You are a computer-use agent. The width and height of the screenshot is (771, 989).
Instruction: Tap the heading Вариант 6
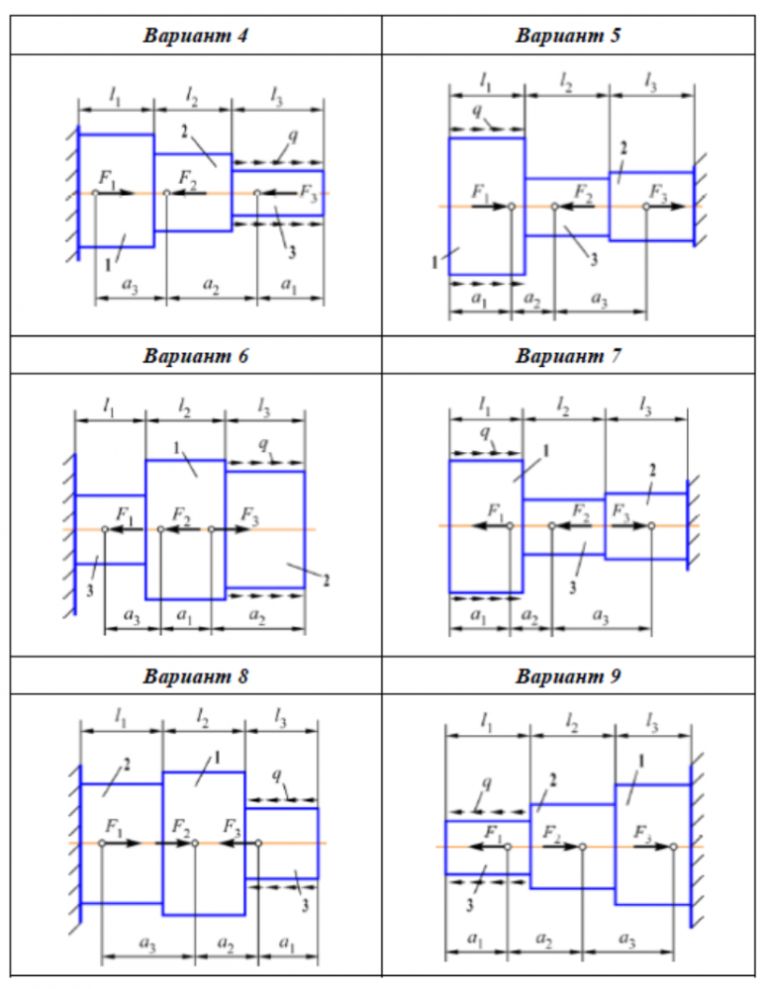[x=195, y=355]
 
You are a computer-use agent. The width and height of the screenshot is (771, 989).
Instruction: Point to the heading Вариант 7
[x=567, y=355]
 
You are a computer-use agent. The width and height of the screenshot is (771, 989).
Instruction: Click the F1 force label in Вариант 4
[x=107, y=179]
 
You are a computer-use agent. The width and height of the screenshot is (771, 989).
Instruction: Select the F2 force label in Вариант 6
[x=181, y=515]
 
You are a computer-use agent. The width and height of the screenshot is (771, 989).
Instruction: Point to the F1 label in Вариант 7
[x=496, y=511]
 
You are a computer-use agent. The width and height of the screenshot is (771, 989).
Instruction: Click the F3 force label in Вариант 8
[x=232, y=827]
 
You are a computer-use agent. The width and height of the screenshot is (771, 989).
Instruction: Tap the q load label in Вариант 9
[x=486, y=782]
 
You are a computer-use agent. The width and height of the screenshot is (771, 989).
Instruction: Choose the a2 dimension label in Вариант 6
[x=257, y=615]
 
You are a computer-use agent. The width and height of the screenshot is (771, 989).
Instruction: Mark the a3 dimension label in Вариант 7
[x=600, y=615]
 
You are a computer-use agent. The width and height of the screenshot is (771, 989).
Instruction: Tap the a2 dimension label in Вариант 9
[x=544, y=939]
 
